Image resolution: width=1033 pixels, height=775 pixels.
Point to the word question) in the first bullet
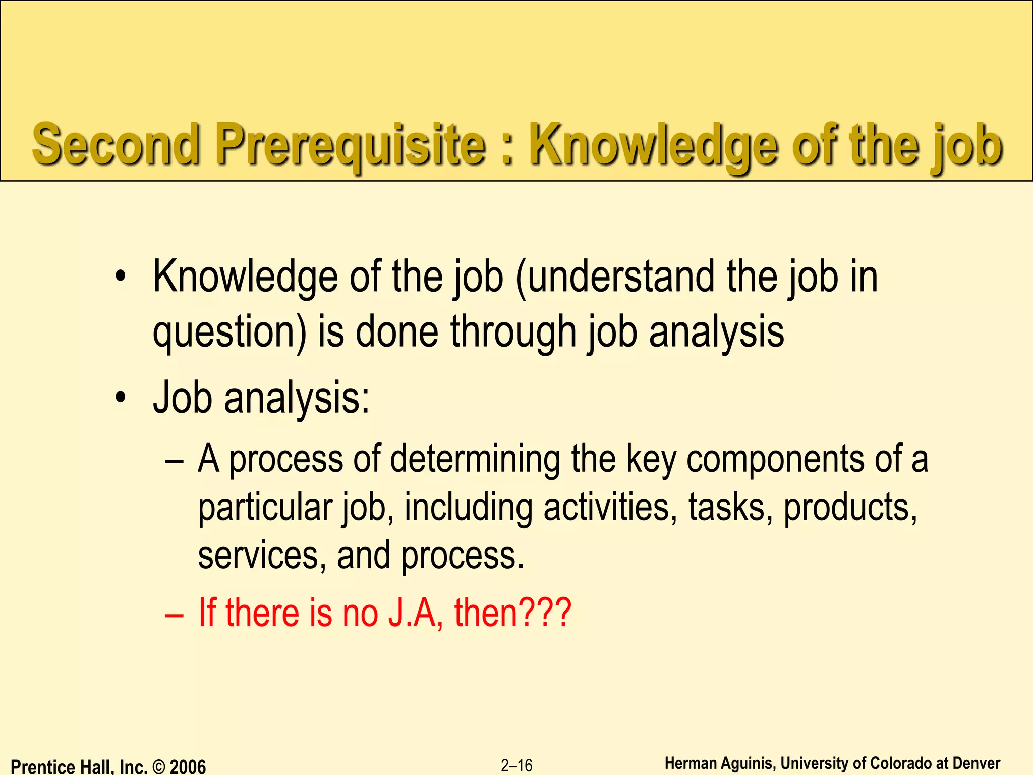pyautogui.click(x=229, y=333)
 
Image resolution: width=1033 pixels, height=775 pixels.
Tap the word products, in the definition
pyautogui.click(x=850, y=508)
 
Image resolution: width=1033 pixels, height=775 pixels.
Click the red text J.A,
pyautogui.click(x=416, y=613)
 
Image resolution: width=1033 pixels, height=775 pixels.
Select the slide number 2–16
pyautogui.click(x=516, y=766)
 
